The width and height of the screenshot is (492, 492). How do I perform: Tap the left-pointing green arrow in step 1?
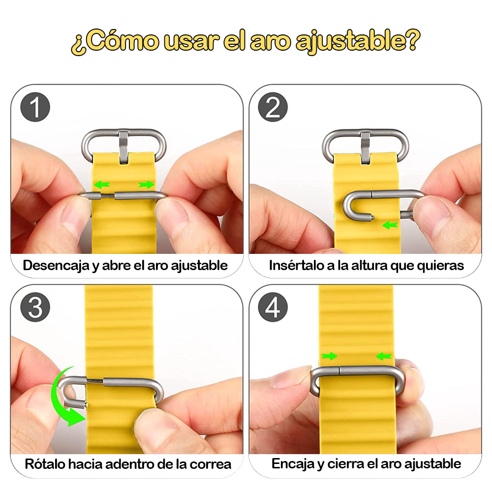click(102, 185)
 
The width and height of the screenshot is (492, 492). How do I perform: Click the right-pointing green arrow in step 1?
click(146, 184)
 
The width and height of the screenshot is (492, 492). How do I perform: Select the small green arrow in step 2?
click(390, 225)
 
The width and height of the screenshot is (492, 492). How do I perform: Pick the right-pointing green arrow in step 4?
click(329, 356)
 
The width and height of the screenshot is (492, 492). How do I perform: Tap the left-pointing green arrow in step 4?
click(383, 356)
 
